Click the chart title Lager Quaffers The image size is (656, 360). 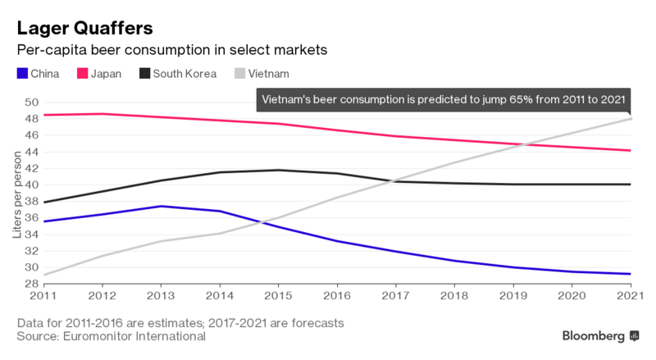tap(84, 29)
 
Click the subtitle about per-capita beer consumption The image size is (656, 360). tap(172, 50)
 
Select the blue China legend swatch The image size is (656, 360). tap(21, 74)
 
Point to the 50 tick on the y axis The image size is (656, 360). tap(31, 103)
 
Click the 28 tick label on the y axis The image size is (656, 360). tap(31, 284)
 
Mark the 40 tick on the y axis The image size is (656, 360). tap(31, 185)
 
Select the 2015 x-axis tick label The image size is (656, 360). tap(279, 295)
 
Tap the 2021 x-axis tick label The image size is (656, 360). tap(629, 295)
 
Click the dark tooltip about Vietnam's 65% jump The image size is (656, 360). tap(442, 101)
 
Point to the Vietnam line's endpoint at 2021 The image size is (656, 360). tap(630, 119)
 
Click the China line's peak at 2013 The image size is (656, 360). tap(162, 207)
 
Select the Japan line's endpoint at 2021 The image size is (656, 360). tap(630, 150)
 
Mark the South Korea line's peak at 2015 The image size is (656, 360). tap(279, 170)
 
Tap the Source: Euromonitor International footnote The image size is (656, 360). tap(110, 335)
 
